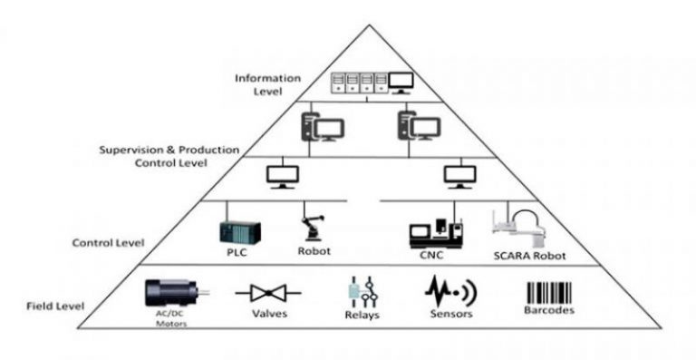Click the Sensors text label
pos(452,316)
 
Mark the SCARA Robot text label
pos(524,257)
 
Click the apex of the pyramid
pos(366,24)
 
